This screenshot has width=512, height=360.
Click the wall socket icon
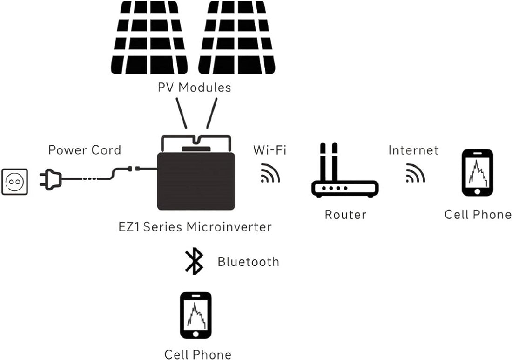[x=14, y=181]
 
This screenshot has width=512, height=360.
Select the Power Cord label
[x=85, y=150]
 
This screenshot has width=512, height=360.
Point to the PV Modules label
[x=194, y=87]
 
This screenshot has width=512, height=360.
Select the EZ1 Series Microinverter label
[x=195, y=227]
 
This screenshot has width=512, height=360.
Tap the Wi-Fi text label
[x=270, y=150]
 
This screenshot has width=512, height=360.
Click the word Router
[x=345, y=215]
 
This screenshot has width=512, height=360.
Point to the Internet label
[x=413, y=150]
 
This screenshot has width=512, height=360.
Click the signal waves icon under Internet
[x=415, y=174]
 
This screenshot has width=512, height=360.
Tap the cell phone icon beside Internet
[x=477, y=173]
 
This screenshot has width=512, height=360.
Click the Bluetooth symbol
[x=194, y=262]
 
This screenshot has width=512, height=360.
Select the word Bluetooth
[x=248, y=262]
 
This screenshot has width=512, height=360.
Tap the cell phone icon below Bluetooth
[x=195, y=315]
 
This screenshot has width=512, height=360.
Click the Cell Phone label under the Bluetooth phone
[x=197, y=354]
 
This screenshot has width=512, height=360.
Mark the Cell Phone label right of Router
[x=478, y=215]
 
